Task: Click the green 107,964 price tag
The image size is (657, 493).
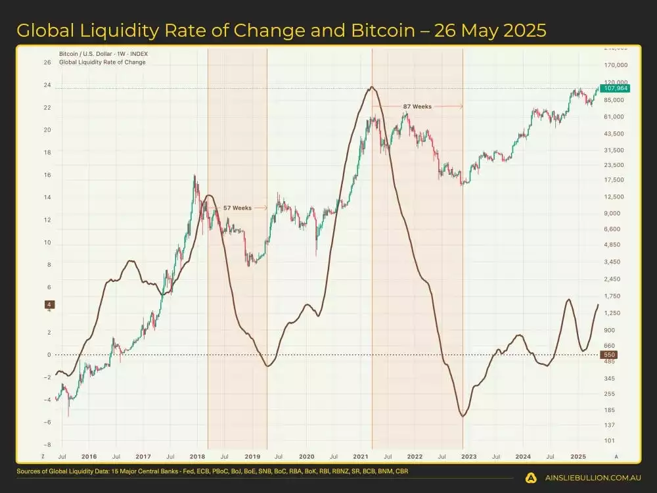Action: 614,89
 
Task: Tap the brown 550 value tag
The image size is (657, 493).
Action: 608,355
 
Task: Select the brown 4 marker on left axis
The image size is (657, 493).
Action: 49,304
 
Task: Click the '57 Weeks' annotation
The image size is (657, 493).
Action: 237,208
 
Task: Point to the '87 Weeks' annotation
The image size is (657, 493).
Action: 417,106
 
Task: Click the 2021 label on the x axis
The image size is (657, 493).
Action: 360,456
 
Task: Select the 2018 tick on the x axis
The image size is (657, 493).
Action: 197,456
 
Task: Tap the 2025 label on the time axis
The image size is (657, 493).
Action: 578,456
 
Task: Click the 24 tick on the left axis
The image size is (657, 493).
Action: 47,85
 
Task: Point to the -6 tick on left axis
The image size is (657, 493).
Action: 47,422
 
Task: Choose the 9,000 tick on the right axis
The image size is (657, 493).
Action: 612,213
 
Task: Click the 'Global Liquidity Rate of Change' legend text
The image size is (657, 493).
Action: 102,62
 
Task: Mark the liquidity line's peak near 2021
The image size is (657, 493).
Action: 372,87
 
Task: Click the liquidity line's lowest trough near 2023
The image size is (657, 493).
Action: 463,417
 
